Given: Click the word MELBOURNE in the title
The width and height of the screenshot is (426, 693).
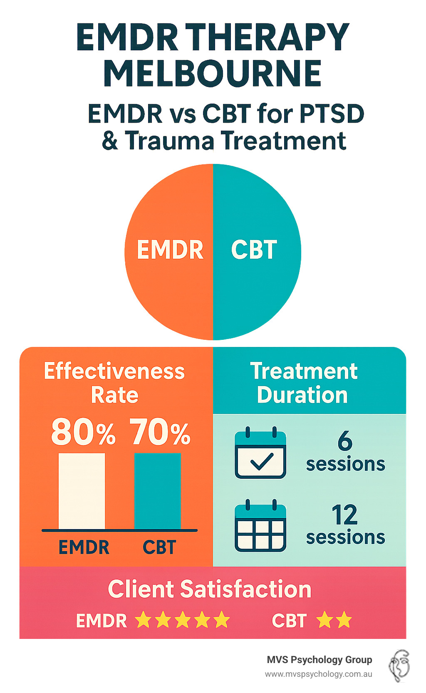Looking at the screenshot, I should pyautogui.click(x=212, y=74).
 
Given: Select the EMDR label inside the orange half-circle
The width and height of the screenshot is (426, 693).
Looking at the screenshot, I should pyautogui.click(x=170, y=250).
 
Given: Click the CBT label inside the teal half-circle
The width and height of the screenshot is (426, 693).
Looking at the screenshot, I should pyautogui.click(x=254, y=250).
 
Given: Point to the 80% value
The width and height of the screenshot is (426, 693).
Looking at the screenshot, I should pyautogui.click(x=83, y=433).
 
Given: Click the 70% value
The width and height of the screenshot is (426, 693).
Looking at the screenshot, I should pyautogui.click(x=160, y=433).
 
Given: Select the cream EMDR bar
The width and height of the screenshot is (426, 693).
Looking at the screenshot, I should pyautogui.click(x=82, y=491).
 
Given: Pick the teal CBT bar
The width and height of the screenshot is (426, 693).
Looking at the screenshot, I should pyautogui.click(x=158, y=491).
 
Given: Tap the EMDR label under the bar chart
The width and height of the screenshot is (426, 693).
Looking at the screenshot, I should pyautogui.click(x=84, y=547).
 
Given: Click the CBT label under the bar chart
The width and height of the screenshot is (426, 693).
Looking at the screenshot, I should pyautogui.click(x=159, y=547).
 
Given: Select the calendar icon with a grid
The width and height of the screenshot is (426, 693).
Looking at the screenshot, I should pyautogui.click(x=260, y=526).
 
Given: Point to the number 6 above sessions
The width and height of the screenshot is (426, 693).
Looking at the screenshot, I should pyautogui.click(x=345, y=441).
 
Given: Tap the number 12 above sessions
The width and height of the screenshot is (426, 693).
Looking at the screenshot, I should pyautogui.click(x=344, y=515).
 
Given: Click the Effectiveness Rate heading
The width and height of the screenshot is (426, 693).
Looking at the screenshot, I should pyautogui.click(x=114, y=383).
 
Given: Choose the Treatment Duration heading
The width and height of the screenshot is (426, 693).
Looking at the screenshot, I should pyautogui.click(x=303, y=383).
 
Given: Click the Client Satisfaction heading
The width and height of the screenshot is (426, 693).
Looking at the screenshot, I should pyautogui.click(x=210, y=589).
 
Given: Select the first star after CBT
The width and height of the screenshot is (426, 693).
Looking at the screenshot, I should pyautogui.click(x=324, y=621).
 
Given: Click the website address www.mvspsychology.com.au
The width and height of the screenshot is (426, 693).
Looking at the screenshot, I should pyautogui.click(x=319, y=674).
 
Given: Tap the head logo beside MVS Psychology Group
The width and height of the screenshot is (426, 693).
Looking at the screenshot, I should pyautogui.click(x=399, y=666).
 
